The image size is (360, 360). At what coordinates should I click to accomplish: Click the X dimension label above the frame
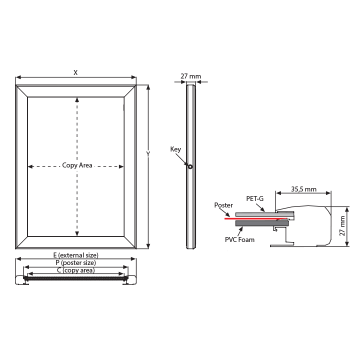coord(75,72)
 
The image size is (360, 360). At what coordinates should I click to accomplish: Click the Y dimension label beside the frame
coord(148,154)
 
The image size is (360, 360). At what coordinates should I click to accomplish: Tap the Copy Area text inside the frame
coord(77,165)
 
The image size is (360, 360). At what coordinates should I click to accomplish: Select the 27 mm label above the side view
coord(190,76)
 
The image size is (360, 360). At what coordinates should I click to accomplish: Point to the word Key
coord(175,149)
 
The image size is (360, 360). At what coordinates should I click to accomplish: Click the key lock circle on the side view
coord(190,166)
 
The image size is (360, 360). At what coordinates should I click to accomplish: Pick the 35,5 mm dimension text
coord(304,189)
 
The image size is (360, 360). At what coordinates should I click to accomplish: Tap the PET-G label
coord(255,198)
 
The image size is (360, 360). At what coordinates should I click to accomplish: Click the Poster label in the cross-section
coord(223,205)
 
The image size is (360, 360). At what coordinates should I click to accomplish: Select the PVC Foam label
coord(239,239)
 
